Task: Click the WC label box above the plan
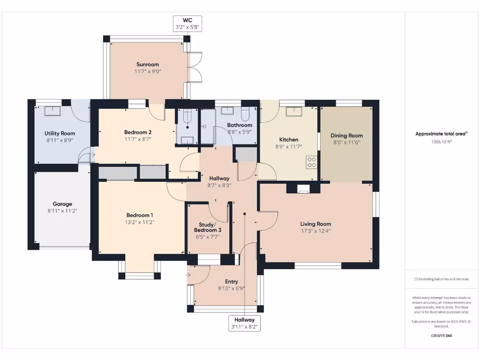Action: (x=187, y=24)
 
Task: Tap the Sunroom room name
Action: (x=148, y=65)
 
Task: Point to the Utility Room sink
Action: (x=52, y=111)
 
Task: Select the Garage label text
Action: (x=62, y=204)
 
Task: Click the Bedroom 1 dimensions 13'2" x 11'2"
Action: (x=139, y=222)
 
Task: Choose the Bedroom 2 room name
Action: (x=138, y=132)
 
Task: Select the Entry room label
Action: (x=231, y=282)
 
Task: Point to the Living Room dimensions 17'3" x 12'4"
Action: (x=316, y=231)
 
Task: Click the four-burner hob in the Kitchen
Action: (x=312, y=162)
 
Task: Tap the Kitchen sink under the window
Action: (x=294, y=111)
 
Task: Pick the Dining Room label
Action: (x=347, y=135)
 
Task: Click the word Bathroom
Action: (x=240, y=125)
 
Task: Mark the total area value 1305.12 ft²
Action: (x=441, y=141)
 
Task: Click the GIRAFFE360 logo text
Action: (x=441, y=336)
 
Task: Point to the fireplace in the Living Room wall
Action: (x=303, y=188)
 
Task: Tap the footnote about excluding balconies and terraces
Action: (x=441, y=279)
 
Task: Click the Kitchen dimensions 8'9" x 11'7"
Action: (x=289, y=146)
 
